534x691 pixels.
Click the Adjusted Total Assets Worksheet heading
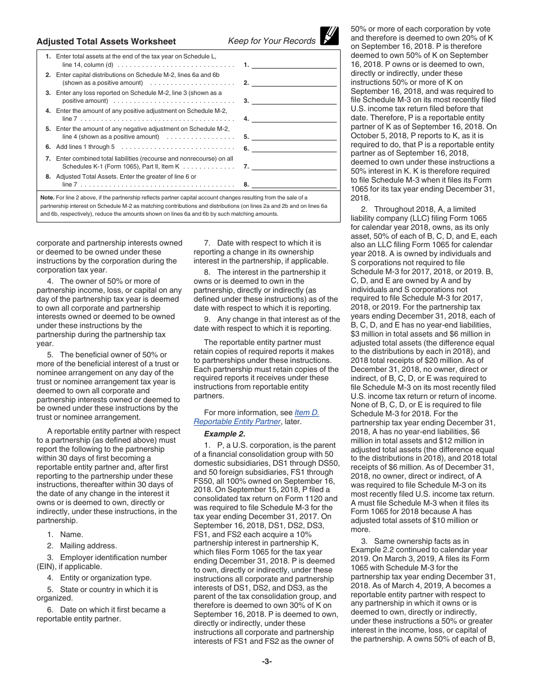pos(106,41)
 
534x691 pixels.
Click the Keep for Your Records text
pos(271,41)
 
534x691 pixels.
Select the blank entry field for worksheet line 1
pos(294,64)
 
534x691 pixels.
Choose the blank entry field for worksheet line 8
pos(294,184)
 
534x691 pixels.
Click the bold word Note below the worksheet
pos(47,198)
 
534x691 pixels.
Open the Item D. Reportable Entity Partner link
pos(256,417)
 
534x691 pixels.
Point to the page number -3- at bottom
pos(267,661)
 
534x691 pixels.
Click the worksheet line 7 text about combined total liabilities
pos(144,162)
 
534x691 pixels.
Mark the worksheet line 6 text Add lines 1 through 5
pos(85,147)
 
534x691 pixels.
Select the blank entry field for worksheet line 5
pos(294,136)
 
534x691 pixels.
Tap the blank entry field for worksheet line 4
pos(294,118)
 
